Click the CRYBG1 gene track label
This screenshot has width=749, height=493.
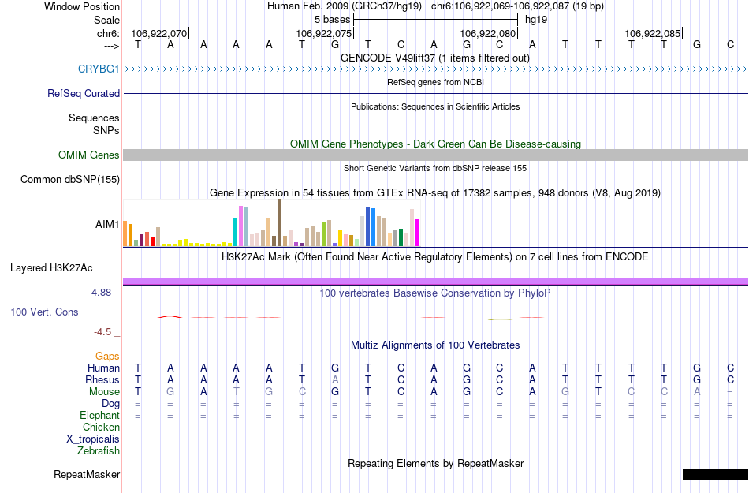(x=99, y=69)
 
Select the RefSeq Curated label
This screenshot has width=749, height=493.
(x=84, y=93)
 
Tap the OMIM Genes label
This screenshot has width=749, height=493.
(x=89, y=155)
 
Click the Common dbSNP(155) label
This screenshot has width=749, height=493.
(x=70, y=180)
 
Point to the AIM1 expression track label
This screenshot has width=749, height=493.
(x=107, y=225)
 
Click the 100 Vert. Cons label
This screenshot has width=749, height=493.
(x=44, y=312)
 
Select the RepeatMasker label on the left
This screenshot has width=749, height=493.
(x=87, y=475)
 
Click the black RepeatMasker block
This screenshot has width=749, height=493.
(x=714, y=474)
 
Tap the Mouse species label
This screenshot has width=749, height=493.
(x=104, y=392)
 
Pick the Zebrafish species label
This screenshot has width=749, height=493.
(x=99, y=451)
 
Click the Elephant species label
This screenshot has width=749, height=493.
(x=99, y=416)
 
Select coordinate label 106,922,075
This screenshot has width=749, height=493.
(x=323, y=34)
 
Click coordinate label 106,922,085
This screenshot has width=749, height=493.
(x=652, y=34)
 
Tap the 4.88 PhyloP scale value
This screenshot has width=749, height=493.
(x=103, y=293)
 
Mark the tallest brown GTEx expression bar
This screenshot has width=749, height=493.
(x=279, y=222)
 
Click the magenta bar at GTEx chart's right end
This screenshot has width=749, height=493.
(x=417, y=233)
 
